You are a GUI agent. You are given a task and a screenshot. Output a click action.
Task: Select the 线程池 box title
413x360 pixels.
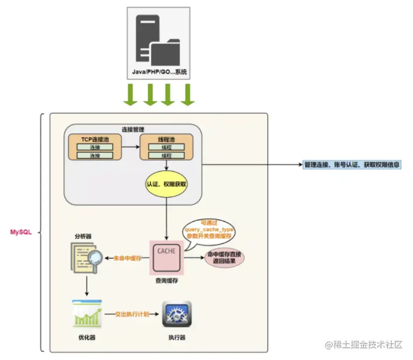point(165,139)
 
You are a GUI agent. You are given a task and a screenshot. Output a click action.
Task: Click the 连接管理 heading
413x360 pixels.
point(133,129)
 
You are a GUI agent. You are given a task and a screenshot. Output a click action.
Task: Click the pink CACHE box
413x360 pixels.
point(166,258)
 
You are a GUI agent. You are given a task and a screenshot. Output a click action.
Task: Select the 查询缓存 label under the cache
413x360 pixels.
point(166,280)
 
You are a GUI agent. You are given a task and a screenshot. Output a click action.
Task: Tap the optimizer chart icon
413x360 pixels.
point(87,313)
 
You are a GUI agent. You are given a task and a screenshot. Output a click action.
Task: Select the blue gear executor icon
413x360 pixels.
point(177,314)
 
